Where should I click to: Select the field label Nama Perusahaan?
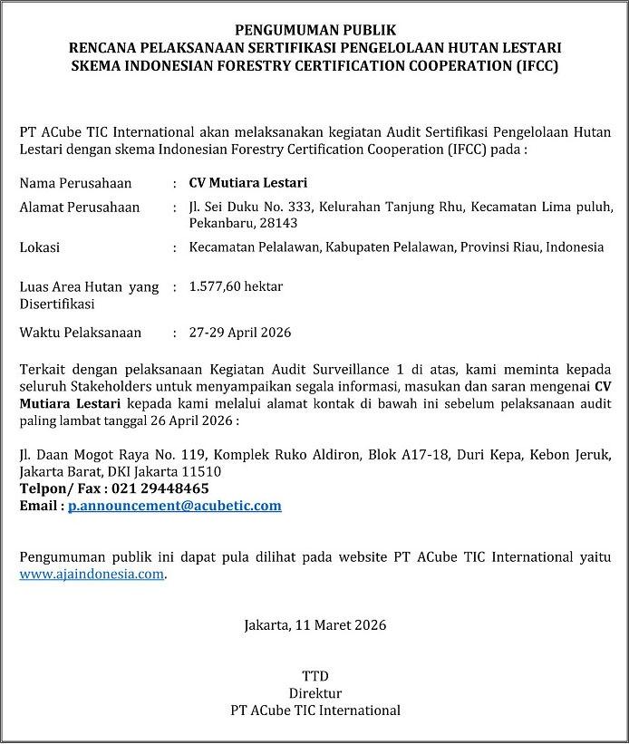pyautogui.click(x=75, y=183)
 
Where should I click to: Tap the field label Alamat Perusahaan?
pyautogui.click(x=80, y=208)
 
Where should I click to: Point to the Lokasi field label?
pyautogui.click(x=40, y=247)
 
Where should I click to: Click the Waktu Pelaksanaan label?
pyautogui.click(x=81, y=333)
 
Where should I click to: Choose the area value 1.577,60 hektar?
pyautogui.click(x=236, y=287)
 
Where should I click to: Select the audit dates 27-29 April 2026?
pyautogui.click(x=240, y=333)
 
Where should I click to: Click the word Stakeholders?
pyautogui.click(x=110, y=387)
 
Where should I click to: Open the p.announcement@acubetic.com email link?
pyautogui.click(x=175, y=506)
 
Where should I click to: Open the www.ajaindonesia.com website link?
pyautogui.click(x=92, y=574)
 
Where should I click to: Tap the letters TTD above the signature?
pyautogui.click(x=314, y=676)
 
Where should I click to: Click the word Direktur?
pyautogui.click(x=314, y=693)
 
